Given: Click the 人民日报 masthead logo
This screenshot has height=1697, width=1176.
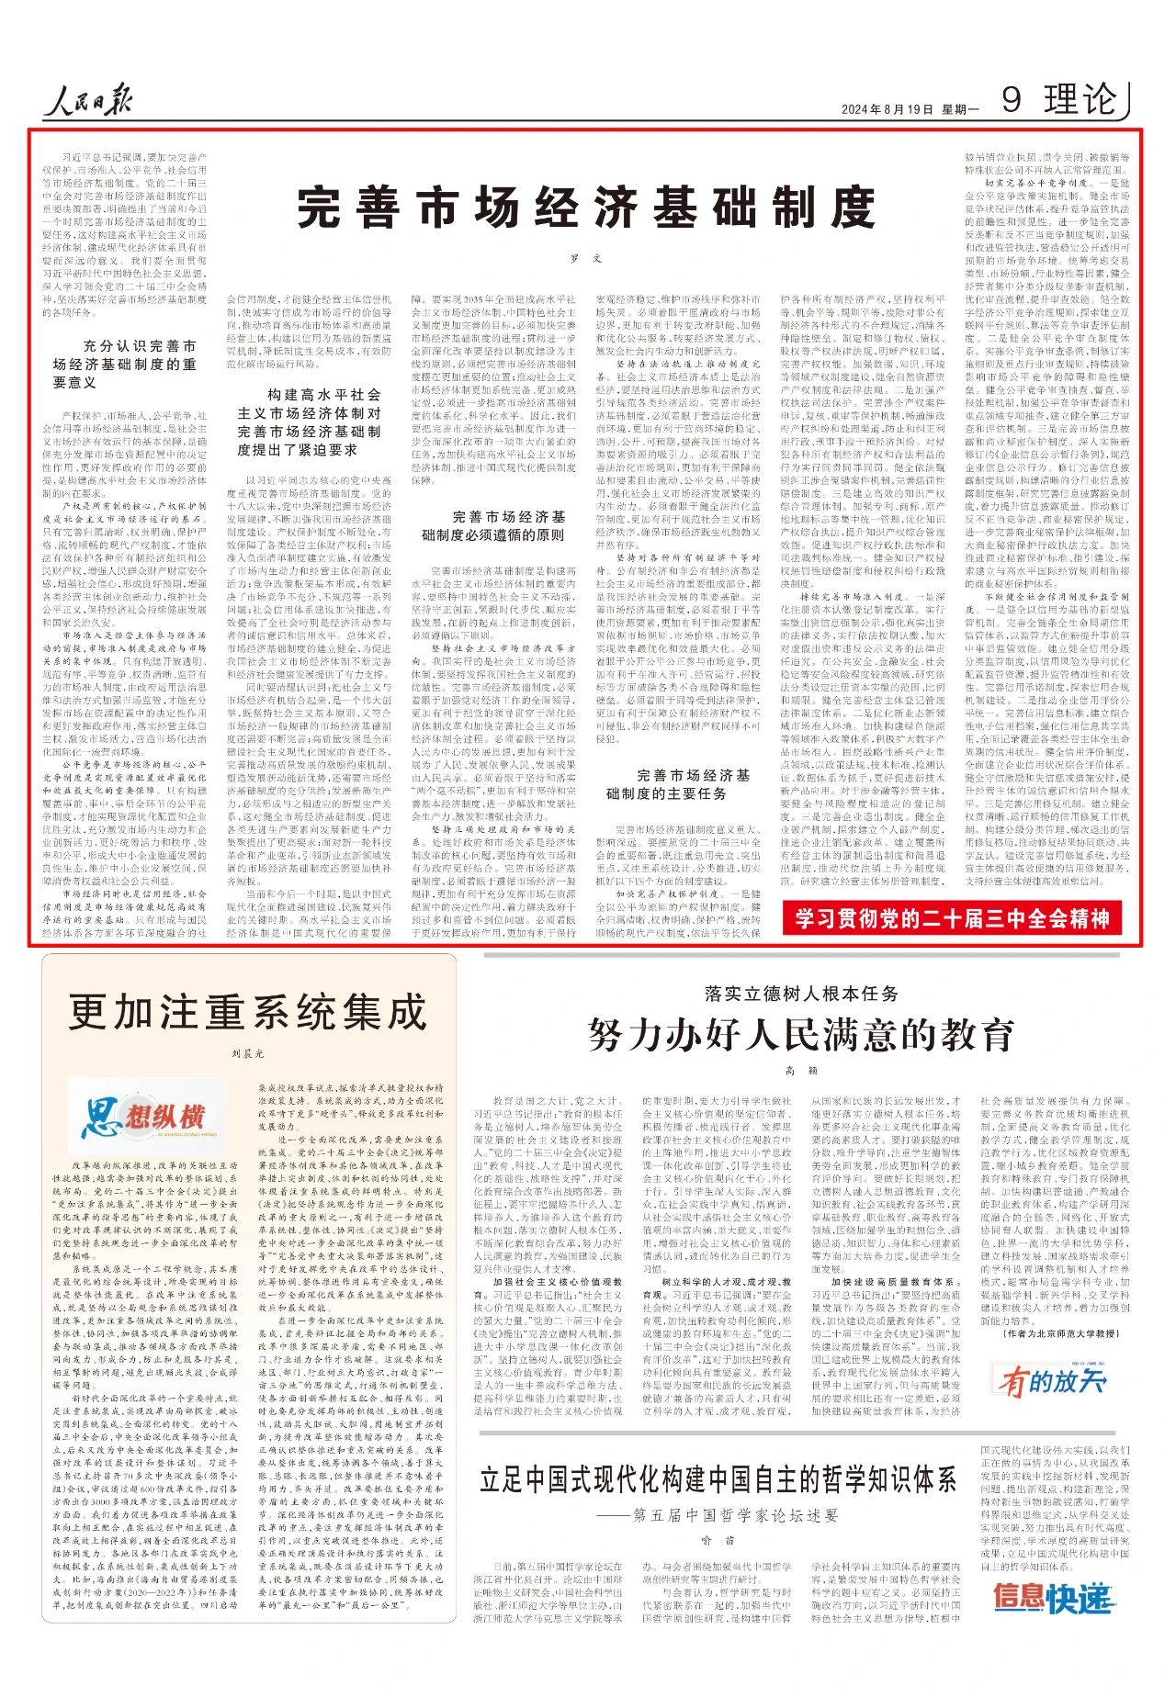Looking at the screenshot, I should pyautogui.click(x=92, y=99).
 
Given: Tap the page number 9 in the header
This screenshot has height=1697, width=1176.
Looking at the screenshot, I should pyautogui.click(x=1011, y=99).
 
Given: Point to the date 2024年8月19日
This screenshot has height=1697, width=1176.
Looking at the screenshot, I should pyautogui.click(x=887, y=109).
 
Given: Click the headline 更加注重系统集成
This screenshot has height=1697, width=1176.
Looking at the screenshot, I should pyautogui.click(x=248, y=1013).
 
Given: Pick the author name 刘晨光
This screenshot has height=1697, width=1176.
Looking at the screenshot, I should pyautogui.click(x=247, y=1054).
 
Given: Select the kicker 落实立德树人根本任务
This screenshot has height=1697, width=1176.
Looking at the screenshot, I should pyautogui.click(x=801, y=994).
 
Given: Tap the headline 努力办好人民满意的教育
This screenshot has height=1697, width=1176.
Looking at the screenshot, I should pyautogui.click(x=801, y=1035).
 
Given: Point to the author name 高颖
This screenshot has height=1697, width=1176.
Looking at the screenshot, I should pyautogui.click(x=801, y=1072).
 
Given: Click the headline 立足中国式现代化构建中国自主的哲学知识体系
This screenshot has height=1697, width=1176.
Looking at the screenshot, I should pyautogui.click(x=718, y=1479).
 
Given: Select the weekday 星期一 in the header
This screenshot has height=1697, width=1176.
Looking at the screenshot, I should pyautogui.click(x=960, y=109).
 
